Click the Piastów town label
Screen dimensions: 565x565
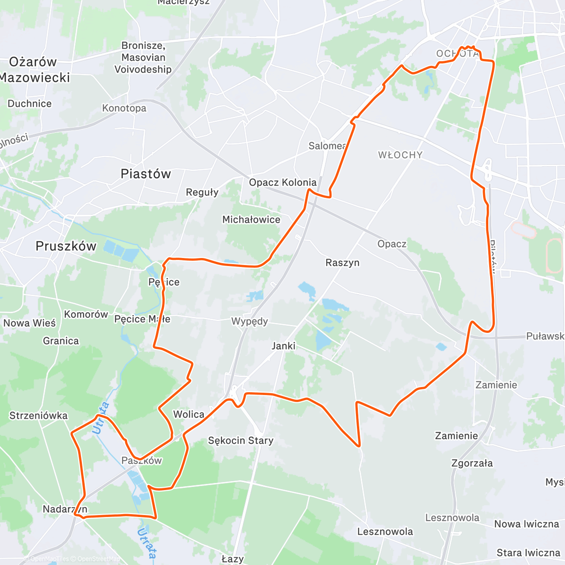145,174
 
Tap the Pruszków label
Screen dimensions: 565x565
66,246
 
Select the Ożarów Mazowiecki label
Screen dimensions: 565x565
34,70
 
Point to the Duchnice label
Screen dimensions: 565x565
30,104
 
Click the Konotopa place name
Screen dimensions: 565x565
124,108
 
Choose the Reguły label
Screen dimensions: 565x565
202,192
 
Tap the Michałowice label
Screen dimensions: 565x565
251,219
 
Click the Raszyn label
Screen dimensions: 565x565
342,263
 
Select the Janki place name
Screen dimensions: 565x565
283,346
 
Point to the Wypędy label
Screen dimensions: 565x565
250,322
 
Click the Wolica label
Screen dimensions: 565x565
189,414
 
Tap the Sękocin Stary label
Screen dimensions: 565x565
241,441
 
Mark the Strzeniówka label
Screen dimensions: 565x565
39,416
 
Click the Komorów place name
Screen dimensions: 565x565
86,314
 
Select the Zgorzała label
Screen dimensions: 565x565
472,463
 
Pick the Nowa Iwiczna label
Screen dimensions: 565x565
526,524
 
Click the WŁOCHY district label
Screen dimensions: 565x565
400,155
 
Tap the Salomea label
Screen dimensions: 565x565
327,146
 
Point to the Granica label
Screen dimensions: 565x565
61,341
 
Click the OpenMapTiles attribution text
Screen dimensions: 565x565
49,559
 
